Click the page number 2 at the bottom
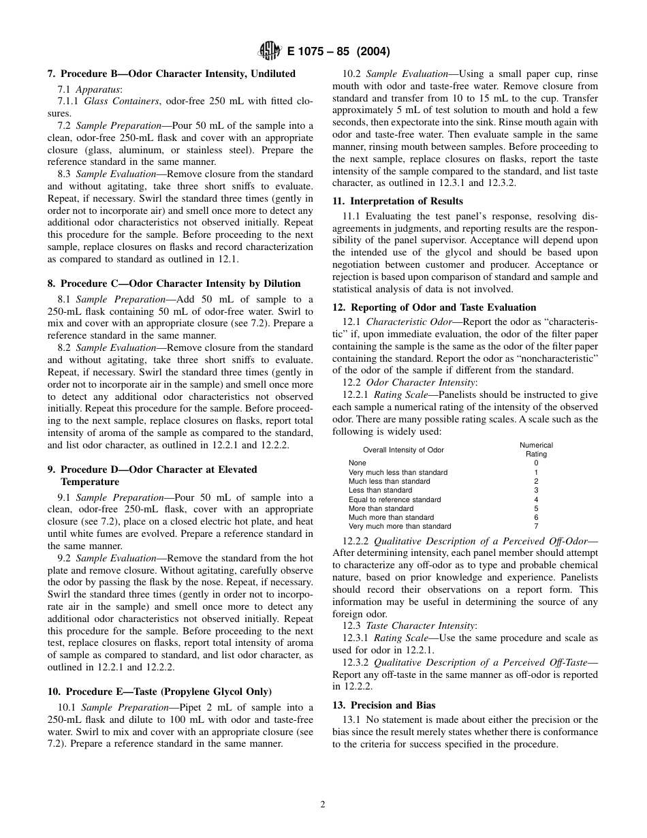coord(323,804)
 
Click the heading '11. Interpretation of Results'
coord(397,201)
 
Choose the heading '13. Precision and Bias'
coord(383,705)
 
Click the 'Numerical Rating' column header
coord(536,450)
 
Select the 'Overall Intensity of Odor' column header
coord(403,450)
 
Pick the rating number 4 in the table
coord(536,499)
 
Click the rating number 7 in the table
coord(536,527)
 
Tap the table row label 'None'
coord(357,463)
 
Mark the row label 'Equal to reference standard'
coord(394,499)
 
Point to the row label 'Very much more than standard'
coord(400,527)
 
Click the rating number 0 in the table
coord(536,463)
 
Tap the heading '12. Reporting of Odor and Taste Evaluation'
coord(434,307)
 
